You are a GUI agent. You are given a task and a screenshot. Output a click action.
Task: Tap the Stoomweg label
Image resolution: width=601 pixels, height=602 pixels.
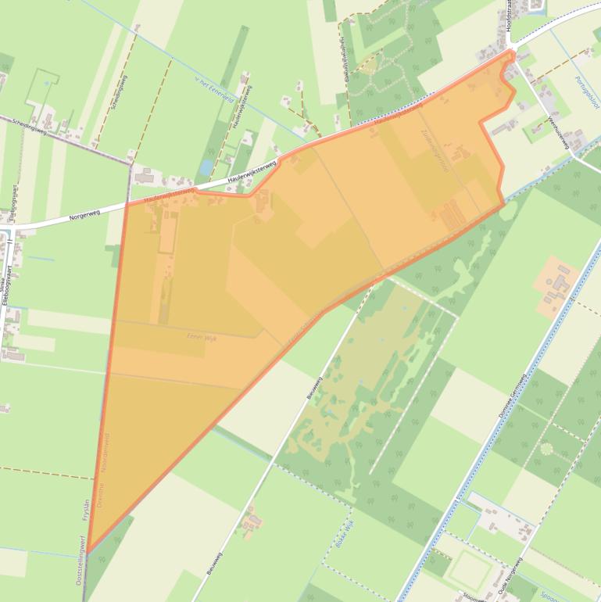pos(474,597)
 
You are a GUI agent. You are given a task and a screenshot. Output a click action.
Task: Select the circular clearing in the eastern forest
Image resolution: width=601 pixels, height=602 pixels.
pos(546,450)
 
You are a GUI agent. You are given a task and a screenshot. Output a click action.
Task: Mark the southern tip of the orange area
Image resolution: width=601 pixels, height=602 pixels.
pos(88,551)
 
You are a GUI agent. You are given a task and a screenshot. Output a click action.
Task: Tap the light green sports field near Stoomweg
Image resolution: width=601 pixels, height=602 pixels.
pos(469,568)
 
